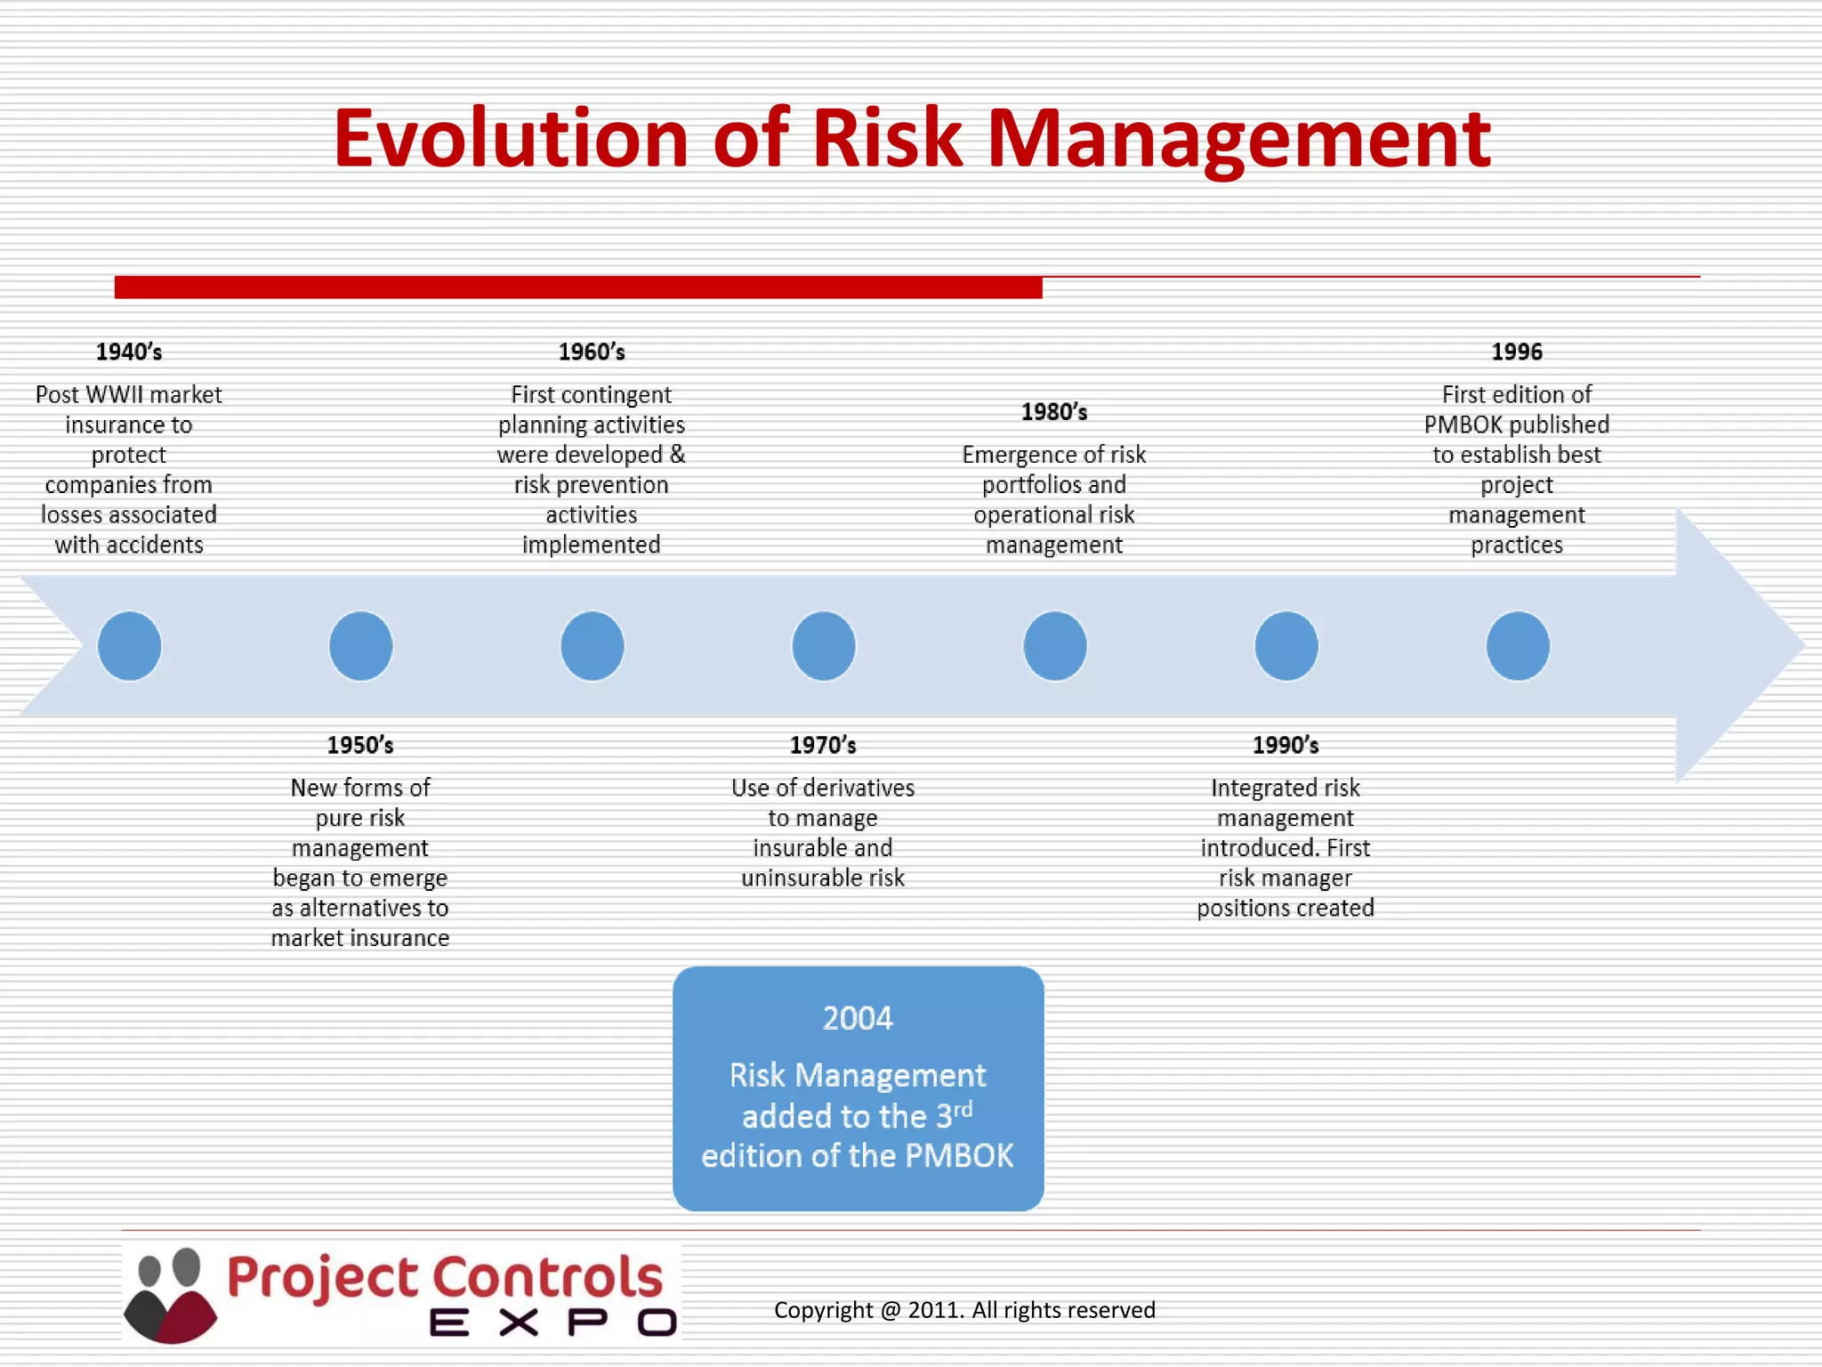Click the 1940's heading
tap(129, 352)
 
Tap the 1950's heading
tap(360, 746)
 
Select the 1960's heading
tap(592, 352)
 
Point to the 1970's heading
tap(823, 746)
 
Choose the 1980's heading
tap(1054, 413)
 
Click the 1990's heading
tap(1286, 746)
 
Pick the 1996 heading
tap(1517, 352)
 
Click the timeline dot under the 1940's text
tap(130, 646)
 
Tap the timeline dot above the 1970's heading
tap(824, 646)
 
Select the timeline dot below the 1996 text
tap(1518, 646)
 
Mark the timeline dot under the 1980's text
tap(1055, 646)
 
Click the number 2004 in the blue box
tap(858, 1018)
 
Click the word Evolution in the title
tap(511, 139)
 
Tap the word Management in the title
tap(1238, 139)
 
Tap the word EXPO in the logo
tap(552, 1323)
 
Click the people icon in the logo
tap(171, 1295)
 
